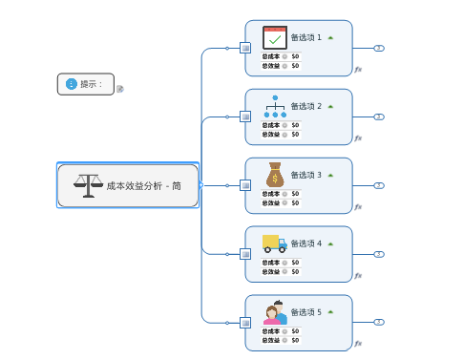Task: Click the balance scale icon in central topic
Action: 88,185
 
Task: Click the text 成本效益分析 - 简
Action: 143,186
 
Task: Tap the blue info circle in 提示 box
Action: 71,84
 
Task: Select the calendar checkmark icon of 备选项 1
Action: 275,37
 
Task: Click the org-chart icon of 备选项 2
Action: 275,106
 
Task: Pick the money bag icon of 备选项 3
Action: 275,175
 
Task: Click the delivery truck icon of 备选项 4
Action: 275,244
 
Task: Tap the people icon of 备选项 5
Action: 275,312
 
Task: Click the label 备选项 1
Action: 305,37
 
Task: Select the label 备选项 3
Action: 305,175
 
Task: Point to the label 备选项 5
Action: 305,312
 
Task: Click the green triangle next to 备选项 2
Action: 330,106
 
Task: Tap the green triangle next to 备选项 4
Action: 330,244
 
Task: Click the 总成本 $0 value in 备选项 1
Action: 295,56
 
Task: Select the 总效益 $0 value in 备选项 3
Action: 295,202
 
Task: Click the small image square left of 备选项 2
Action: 245,116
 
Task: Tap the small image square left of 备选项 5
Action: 245,323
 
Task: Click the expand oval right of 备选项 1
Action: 379,48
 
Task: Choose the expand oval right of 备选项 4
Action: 379,254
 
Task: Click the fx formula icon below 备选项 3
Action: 358,206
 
